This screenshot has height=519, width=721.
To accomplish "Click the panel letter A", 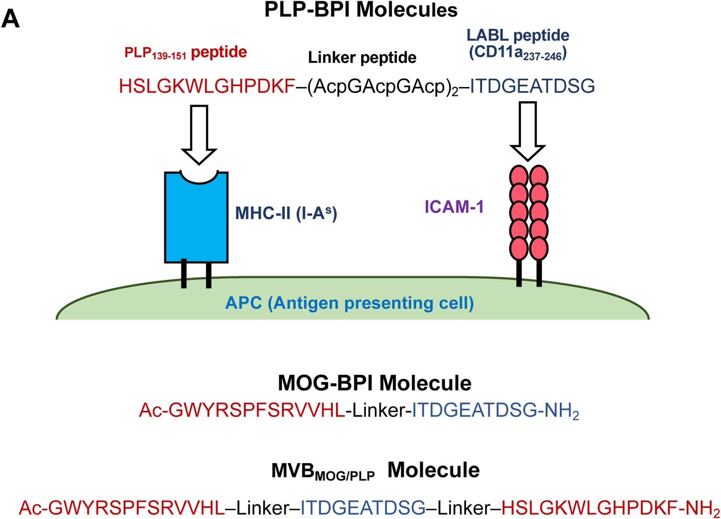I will pyautogui.click(x=11, y=19).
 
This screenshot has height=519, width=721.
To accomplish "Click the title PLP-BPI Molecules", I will pyautogui.click(x=360, y=10).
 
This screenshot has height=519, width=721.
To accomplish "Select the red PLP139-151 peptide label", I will pyautogui.click(x=186, y=53).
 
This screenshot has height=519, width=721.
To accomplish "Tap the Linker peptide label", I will pyautogui.click(x=362, y=57).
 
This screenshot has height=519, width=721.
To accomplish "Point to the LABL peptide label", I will pyautogui.click(x=517, y=35).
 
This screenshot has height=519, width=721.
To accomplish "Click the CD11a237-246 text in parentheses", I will pyautogui.click(x=517, y=53).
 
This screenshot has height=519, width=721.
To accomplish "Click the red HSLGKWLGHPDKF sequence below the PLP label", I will pyautogui.click(x=207, y=86).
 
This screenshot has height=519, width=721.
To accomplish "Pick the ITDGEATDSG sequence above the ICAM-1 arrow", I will pyautogui.click(x=532, y=86).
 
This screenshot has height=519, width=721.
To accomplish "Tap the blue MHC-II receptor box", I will pyautogui.click(x=196, y=222).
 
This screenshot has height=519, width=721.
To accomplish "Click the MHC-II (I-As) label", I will pyautogui.click(x=286, y=213).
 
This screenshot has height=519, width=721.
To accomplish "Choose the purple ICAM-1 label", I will pyautogui.click(x=454, y=207).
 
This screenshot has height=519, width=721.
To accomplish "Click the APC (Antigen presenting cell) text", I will pyautogui.click(x=349, y=303).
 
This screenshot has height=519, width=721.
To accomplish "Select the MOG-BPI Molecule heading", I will pyautogui.click(x=374, y=383).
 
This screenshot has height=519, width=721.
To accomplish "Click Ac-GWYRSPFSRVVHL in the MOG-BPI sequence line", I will pyautogui.click(x=242, y=410).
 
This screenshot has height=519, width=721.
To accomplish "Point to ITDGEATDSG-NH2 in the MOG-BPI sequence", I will pyautogui.click(x=495, y=411).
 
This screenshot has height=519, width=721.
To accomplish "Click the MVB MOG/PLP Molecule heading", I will pyautogui.click(x=375, y=471).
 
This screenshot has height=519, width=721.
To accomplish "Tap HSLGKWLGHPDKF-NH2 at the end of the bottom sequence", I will pyautogui.click(x=610, y=508).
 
